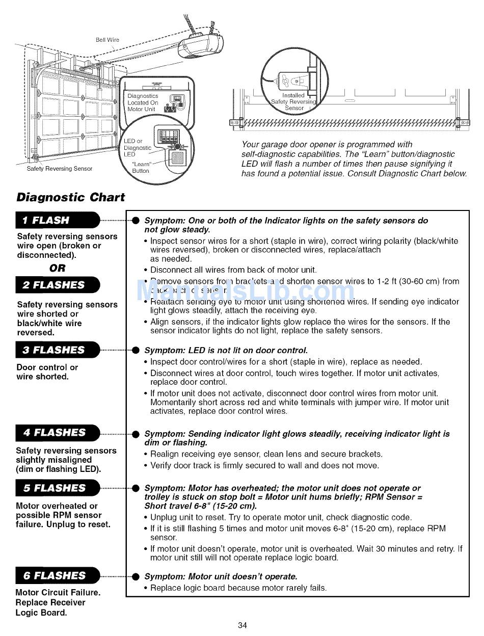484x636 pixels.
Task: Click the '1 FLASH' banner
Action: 57,220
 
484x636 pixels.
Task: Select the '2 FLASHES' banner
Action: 57,285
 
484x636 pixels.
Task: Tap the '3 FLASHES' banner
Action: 57,350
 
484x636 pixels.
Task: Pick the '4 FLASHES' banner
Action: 57,433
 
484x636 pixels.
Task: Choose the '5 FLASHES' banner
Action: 57,488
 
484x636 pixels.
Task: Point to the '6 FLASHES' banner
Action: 57,576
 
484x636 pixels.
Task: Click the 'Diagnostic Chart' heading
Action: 71,197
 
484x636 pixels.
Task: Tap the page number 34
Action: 242,625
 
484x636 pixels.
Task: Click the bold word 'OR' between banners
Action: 57,268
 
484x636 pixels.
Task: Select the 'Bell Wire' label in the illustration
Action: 107,40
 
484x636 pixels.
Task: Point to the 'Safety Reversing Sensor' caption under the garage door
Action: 60,169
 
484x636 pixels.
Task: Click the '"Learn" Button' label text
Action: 141,168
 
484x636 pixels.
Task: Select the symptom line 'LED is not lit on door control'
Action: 226,351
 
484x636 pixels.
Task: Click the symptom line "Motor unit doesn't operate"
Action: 221,576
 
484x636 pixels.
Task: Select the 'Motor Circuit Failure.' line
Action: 58,593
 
